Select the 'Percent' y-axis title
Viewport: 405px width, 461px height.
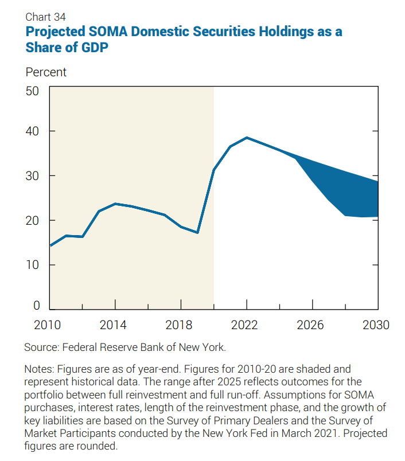46,72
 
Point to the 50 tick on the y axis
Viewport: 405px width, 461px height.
32,91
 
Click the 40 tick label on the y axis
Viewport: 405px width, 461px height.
32,131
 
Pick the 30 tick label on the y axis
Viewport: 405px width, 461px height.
32,176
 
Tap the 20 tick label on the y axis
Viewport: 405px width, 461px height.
32,221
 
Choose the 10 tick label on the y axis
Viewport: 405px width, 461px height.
32,265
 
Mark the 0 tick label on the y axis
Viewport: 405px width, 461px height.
36,306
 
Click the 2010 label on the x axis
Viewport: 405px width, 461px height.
49,325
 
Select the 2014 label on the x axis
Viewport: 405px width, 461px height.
115,325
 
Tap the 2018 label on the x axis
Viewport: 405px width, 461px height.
181,325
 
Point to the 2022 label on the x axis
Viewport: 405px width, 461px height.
247,325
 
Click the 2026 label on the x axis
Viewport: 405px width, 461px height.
312,325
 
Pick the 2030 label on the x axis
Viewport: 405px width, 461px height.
376,325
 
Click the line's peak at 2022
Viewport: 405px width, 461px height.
247,138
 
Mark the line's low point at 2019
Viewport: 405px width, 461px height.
197,233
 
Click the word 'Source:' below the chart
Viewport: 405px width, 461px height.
42,347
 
